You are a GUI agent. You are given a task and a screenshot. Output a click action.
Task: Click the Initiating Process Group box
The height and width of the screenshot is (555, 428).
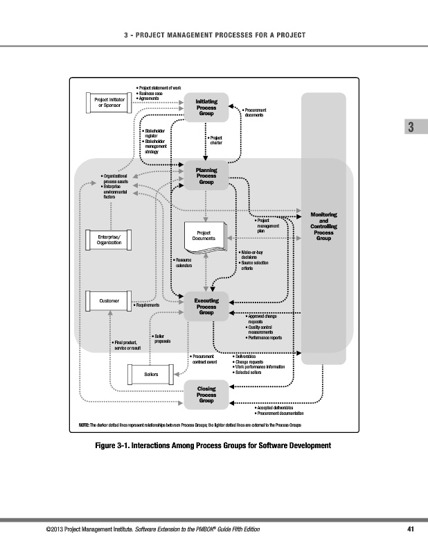click(206, 108)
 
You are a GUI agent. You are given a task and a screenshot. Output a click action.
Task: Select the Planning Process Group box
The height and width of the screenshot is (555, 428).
click(206, 176)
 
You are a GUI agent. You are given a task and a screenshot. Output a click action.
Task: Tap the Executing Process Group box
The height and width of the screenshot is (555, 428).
click(206, 307)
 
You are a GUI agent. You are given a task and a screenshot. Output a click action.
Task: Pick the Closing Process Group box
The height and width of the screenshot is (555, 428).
click(206, 394)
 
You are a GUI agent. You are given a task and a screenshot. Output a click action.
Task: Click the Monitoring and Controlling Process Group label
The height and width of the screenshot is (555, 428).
click(323, 227)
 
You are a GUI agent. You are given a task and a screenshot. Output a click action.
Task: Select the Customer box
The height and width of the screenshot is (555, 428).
click(109, 301)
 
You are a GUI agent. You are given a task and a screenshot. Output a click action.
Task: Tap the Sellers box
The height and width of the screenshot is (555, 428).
click(151, 375)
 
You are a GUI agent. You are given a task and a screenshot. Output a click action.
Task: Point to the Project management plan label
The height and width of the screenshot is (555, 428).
click(267, 226)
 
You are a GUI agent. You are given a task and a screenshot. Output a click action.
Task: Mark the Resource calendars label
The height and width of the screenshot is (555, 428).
click(184, 262)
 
